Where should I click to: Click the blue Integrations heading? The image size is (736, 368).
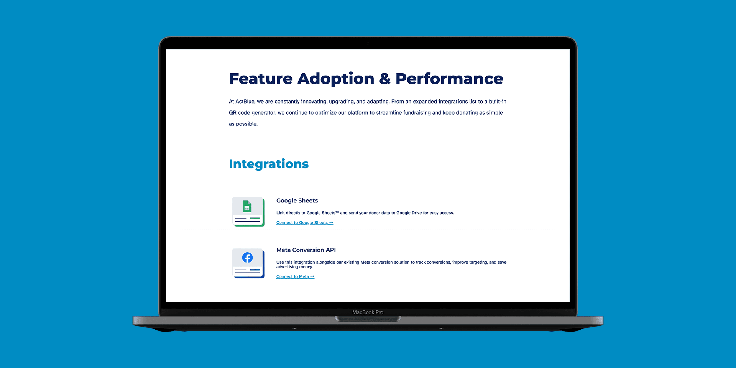click(x=269, y=164)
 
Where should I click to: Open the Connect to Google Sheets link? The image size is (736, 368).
click(x=305, y=223)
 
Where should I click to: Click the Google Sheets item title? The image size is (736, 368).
click(x=297, y=201)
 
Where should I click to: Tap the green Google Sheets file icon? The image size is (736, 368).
click(x=247, y=206)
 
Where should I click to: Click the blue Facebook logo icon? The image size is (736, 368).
click(x=247, y=257)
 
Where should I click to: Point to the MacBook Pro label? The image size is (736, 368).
click(x=368, y=312)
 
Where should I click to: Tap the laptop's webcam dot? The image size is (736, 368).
click(x=368, y=44)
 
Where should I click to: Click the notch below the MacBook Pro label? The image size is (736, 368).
click(x=368, y=319)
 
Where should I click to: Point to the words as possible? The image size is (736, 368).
click(x=243, y=124)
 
